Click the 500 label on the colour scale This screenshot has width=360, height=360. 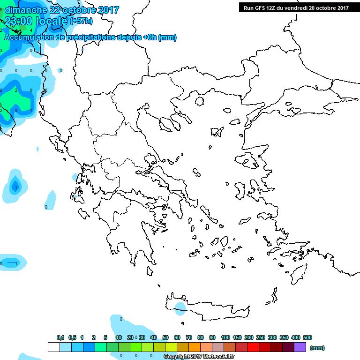click(307, 337)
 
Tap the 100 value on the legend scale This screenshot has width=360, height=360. click(225, 337)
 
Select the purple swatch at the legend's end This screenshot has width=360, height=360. click(300, 347)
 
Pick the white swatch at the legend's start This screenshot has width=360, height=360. click(54, 347)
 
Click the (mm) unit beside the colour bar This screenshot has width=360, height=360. click(317, 348)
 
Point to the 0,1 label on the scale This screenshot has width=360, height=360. click(60, 337)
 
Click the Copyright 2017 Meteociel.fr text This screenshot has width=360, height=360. click(199, 356)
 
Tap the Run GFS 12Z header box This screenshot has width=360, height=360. click(296, 7)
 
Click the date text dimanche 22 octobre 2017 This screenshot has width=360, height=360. click(62, 10)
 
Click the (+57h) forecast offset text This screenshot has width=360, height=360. click(82, 21)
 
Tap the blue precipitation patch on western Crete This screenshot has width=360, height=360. click(179, 307)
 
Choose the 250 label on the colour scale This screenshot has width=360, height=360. click(261, 337)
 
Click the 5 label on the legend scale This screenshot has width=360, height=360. click(105, 337)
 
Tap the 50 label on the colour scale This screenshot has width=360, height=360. click(165, 337)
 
